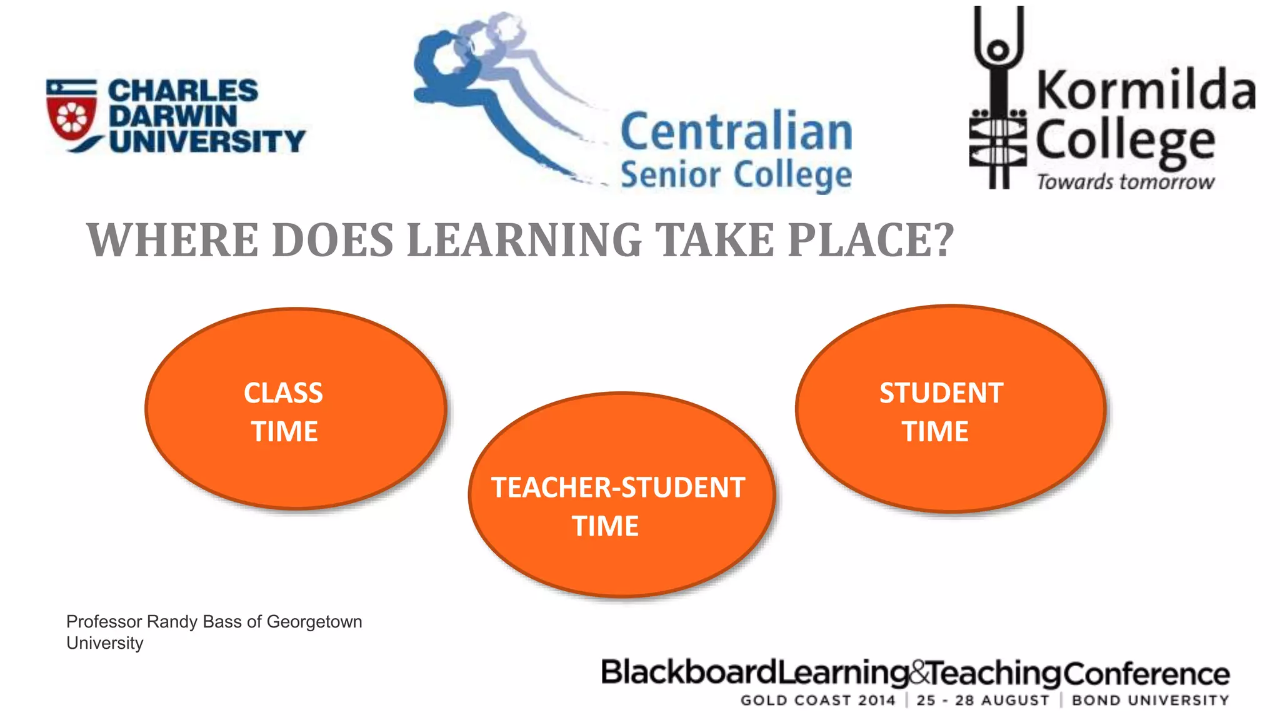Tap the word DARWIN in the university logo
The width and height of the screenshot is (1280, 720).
[173, 116]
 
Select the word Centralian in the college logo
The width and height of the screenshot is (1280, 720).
[736, 132]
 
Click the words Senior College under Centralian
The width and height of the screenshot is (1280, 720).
[736, 174]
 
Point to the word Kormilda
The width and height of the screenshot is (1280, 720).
[1146, 91]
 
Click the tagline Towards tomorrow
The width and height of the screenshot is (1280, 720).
[1126, 182]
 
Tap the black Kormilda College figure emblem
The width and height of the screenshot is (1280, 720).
[998, 100]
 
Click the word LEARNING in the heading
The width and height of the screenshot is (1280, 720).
[524, 240]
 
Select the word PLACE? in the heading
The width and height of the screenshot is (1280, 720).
[871, 240]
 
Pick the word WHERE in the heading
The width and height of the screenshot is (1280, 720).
[172, 240]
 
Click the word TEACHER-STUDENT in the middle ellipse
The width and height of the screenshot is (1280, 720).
[618, 487]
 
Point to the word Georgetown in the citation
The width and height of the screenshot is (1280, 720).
[314, 622]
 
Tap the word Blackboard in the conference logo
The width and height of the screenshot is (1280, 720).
[688, 673]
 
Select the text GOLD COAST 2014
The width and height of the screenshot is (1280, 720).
[818, 701]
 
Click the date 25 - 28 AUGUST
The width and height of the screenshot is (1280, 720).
[983, 701]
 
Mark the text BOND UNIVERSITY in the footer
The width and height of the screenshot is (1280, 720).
[1151, 701]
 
